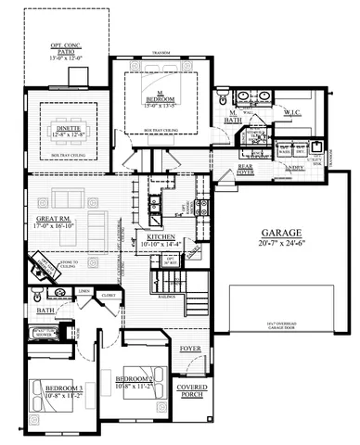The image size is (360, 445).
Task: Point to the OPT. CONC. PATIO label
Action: tap(66, 52)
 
